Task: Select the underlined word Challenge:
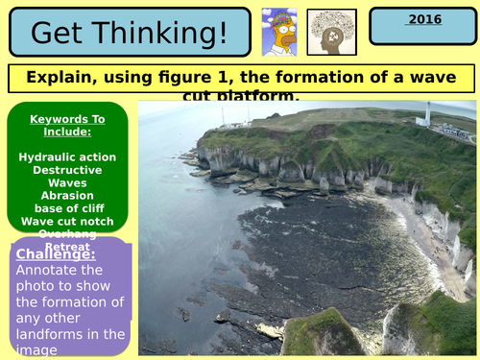tap(54, 254)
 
